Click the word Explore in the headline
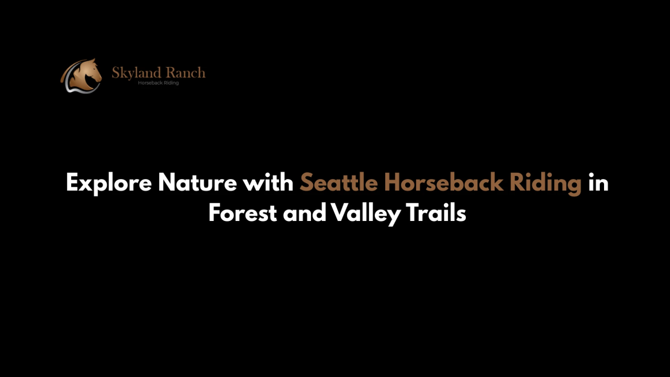109,183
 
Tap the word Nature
198,182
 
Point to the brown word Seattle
338,182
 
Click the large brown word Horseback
444,182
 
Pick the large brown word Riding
546,183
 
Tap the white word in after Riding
598,182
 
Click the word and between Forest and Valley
304,212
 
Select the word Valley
365,214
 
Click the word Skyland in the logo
136,73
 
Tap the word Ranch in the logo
185,73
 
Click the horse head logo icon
81,75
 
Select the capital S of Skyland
116,73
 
